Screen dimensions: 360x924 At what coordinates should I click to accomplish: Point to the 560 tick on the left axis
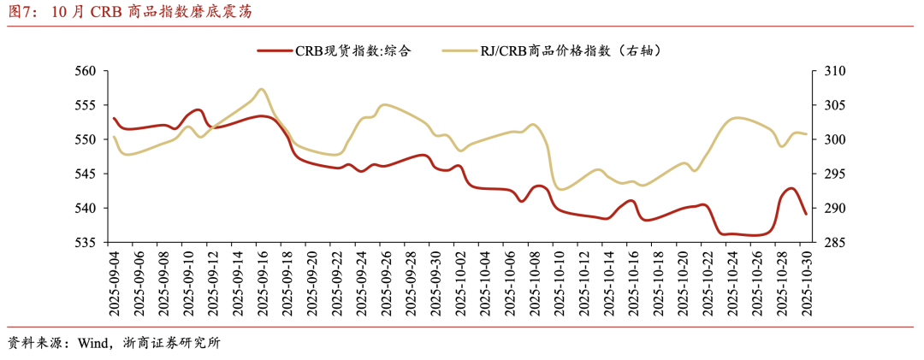pos(86,71)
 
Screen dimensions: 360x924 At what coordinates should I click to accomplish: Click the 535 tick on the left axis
pos(86,243)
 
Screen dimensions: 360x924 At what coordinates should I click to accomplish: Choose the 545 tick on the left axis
pos(86,174)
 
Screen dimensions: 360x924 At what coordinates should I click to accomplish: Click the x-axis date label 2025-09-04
pos(114,283)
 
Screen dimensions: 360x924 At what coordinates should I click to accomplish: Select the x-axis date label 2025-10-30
pos(805,283)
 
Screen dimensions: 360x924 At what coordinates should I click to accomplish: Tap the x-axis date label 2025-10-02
pos(459,283)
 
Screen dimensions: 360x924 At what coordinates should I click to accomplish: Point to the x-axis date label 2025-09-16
pos(262,283)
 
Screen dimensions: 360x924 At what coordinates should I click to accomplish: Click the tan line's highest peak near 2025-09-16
pos(262,89)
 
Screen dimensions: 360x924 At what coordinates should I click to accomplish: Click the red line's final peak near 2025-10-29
pos(791,188)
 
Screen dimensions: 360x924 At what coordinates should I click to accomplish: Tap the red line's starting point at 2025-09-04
pos(114,118)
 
